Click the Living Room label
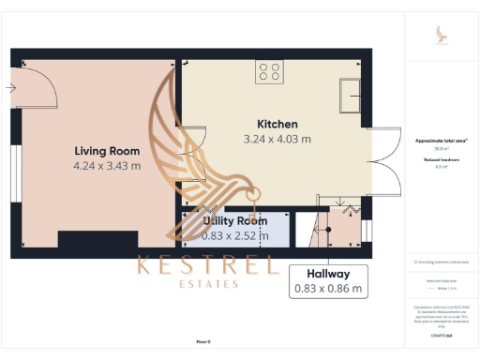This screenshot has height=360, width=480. coord(107,151)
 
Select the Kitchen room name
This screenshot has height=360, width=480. coord(277,124)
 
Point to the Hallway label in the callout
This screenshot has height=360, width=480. coord(327,273)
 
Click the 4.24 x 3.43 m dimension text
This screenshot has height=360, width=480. coord(107,166)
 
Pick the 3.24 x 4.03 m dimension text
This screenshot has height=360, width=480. coord(277,139)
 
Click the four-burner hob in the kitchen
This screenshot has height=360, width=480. coord(270,72)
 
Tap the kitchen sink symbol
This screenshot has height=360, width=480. coord(352,94)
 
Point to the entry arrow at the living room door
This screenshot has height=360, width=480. coord(9,88)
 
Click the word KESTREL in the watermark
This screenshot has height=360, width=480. coord(206,265)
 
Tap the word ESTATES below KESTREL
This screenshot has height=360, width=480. coord(206,285)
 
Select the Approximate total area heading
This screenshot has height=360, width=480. coord(442,141)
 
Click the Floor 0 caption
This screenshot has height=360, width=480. coord(202,342)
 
